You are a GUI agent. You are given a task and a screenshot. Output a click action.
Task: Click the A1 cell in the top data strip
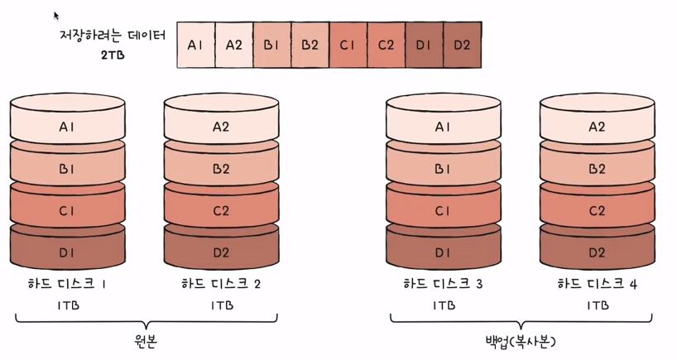195,45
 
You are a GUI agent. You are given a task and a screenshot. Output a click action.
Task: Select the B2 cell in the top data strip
310,45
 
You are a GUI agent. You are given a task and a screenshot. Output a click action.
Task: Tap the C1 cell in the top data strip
348,45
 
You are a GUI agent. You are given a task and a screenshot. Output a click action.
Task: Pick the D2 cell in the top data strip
462,45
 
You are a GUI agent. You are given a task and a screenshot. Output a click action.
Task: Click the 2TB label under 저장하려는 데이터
113,55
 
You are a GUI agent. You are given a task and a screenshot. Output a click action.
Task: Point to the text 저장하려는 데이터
113,36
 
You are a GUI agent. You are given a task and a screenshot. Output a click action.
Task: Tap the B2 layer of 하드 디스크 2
221,169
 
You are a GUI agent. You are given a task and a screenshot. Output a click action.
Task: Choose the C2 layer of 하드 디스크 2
221,210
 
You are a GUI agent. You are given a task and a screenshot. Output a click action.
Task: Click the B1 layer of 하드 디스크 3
444,169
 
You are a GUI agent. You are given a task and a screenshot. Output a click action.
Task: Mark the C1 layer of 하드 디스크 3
444,210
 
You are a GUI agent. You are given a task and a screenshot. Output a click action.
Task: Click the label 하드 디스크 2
221,285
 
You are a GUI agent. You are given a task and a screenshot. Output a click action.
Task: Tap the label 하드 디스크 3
444,285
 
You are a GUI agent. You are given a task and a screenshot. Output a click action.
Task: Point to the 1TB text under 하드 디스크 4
597,305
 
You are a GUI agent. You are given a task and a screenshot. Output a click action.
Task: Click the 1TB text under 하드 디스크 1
68,305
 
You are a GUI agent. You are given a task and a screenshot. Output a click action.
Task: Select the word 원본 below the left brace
144,343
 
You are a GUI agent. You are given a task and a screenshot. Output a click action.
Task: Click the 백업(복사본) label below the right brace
521,343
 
